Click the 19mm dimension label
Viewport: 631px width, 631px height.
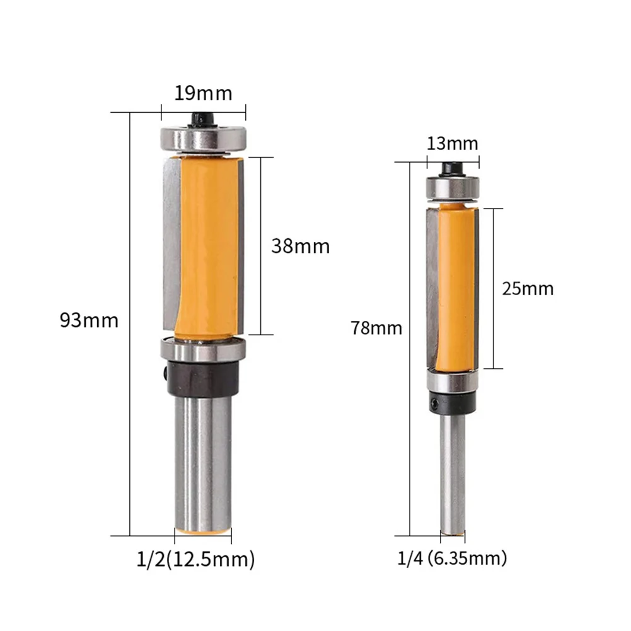(203, 93)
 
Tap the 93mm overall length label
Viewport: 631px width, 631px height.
(89, 321)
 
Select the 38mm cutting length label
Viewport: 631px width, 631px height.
(301, 246)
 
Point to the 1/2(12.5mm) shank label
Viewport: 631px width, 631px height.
(195, 559)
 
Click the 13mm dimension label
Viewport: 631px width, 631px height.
(453, 144)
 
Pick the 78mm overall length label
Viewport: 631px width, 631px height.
(376, 328)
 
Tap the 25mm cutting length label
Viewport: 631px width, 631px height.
(528, 289)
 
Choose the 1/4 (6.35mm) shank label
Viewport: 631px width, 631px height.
(452, 559)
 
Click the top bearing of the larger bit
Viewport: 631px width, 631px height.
(203, 139)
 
